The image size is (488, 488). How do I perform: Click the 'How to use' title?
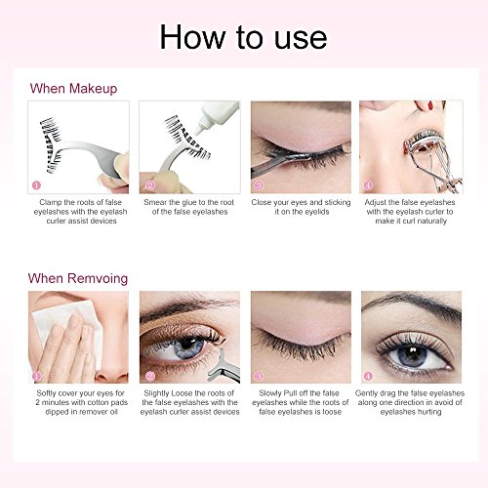[243, 37]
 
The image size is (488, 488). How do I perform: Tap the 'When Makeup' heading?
[73, 88]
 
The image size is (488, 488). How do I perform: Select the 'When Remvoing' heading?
[78, 278]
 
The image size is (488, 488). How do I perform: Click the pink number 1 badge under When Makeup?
[36, 185]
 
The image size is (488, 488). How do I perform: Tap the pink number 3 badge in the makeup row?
[259, 185]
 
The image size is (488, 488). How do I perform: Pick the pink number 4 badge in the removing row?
[368, 376]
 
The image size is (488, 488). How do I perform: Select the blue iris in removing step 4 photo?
[413, 355]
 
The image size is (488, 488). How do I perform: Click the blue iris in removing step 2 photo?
[188, 348]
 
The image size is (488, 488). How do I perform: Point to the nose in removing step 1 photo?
[112, 368]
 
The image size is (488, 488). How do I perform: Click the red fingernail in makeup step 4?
[430, 104]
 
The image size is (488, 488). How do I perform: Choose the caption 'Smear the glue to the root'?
[189, 202]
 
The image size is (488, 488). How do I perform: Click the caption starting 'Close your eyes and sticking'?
[301, 207]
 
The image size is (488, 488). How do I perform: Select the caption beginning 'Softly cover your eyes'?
[81, 402]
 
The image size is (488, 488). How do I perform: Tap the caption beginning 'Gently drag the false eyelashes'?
[410, 402]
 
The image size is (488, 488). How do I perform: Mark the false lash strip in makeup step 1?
[51, 144]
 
